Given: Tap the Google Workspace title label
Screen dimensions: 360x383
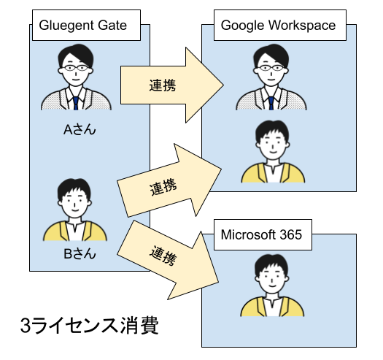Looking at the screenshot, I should (278, 26).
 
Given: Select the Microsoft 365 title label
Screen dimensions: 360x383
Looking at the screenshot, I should (261, 234).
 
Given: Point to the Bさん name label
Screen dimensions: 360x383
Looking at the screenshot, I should (80, 254).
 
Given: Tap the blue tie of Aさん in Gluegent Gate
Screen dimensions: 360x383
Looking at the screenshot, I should (77, 102).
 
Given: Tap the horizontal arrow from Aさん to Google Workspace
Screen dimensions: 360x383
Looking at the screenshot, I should (171, 85).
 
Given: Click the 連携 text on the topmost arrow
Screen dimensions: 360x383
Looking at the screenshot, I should (162, 85).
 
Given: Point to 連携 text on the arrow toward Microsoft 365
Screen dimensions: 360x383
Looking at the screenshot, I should (163, 255).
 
